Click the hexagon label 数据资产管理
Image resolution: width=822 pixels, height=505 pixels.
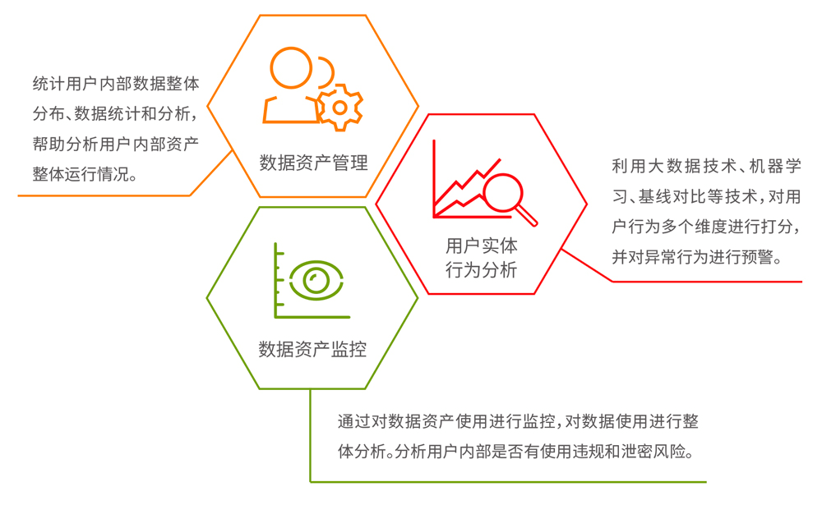[x=313, y=163]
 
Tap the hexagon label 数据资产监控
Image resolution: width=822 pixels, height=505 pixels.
[x=312, y=349]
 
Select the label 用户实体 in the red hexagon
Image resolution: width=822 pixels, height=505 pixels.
[x=481, y=246]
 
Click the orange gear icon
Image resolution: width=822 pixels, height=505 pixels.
[x=339, y=108]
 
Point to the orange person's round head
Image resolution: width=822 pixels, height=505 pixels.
[x=291, y=68]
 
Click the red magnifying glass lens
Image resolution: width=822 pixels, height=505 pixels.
[x=503, y=192]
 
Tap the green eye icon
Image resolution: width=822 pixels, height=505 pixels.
[x=316, y=280]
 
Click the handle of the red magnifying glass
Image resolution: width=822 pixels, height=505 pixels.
[x=527, y=215]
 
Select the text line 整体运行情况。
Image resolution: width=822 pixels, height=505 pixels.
[x=85, y=174]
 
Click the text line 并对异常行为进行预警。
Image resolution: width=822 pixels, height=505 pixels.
[x=698, y=257]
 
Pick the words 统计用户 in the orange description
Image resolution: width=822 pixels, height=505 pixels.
[x=65, y=84]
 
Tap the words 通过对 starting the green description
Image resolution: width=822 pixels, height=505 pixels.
[x=363, y=421]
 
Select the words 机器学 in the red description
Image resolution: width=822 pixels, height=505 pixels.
[x=775, y=166]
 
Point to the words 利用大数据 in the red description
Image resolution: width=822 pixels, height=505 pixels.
[x=655, y=166]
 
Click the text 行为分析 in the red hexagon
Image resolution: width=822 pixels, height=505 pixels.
[x=481, y=270]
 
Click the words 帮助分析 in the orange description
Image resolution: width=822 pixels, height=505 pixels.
[x=65, y=144]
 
